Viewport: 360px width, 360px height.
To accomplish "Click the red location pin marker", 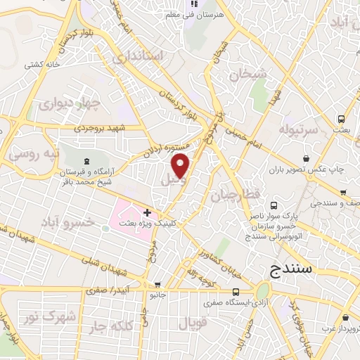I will [181, 167].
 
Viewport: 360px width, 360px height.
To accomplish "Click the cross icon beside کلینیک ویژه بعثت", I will [147, 212].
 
